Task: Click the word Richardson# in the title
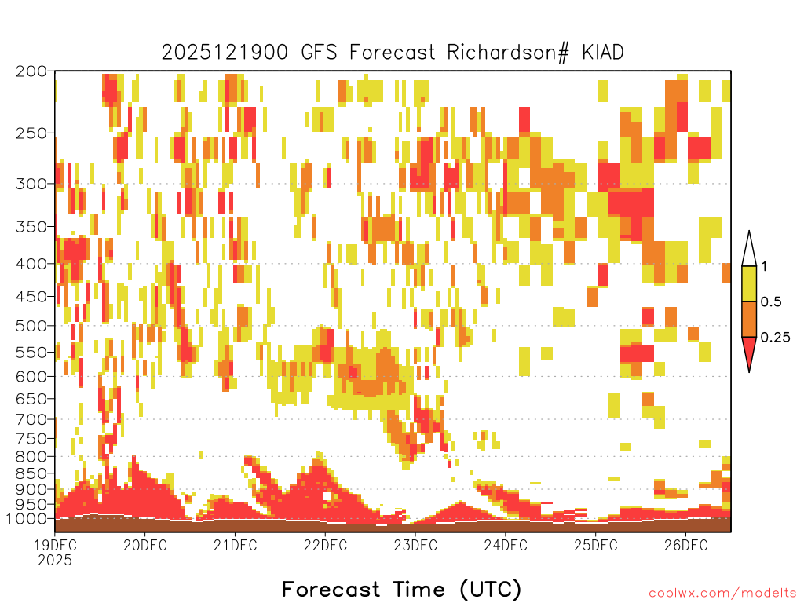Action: click(508, 53)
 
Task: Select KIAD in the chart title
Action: click(602, 52)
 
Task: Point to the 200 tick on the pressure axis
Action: click(31, 71)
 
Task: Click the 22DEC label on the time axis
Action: click(325, 545)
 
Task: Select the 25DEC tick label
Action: click(595, 545)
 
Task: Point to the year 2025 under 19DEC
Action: click(55, 561)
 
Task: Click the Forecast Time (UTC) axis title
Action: click(401, 589)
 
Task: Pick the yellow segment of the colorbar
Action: click(749, 284)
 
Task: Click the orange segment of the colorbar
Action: click(749, 319)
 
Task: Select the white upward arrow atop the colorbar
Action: click(749, 249)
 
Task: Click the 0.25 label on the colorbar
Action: click(775, 338)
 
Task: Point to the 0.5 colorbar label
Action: click(771, 302)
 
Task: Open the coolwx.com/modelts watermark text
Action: click(722, 594)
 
